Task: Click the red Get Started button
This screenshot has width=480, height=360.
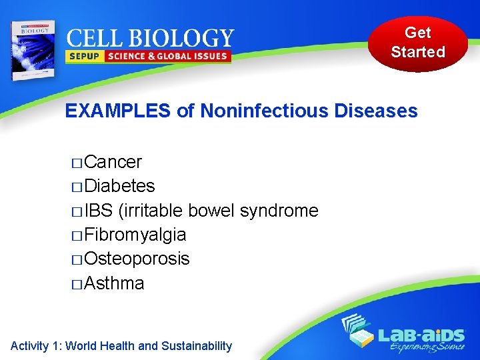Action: pyautogui.click(x=418, y=43)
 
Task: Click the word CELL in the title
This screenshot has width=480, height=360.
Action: pyautogui.click(x=91, y=38)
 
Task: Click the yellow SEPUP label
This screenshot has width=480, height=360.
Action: pyautogui.click(x=83, y=57)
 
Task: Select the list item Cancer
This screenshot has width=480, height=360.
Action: pyautogui.click(x=113, y=162)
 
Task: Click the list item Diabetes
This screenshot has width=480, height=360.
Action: pyautogui.click(x=120, y=186)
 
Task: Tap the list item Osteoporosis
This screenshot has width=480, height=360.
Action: pyautogui.click(x=137, y=259)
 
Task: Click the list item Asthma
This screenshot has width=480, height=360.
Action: pyautogui.click(x=115, y=283)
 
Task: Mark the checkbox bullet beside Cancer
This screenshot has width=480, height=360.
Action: pyautogui.click(x=76, y=163)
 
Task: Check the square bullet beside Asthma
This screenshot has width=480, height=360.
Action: pyautogui.click(x=76, y=285)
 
